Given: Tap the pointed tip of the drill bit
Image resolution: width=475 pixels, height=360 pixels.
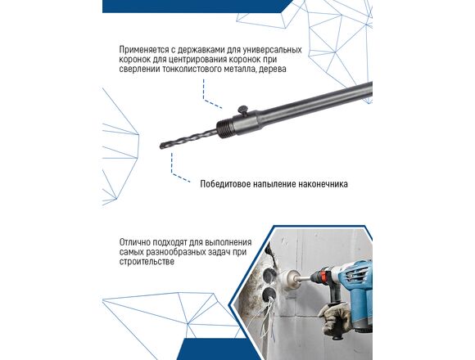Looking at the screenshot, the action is point(161,146).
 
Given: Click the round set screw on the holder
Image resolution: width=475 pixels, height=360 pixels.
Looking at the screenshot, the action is point(243,110).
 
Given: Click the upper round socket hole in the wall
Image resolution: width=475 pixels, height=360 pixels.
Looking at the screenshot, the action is point(269,275).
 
